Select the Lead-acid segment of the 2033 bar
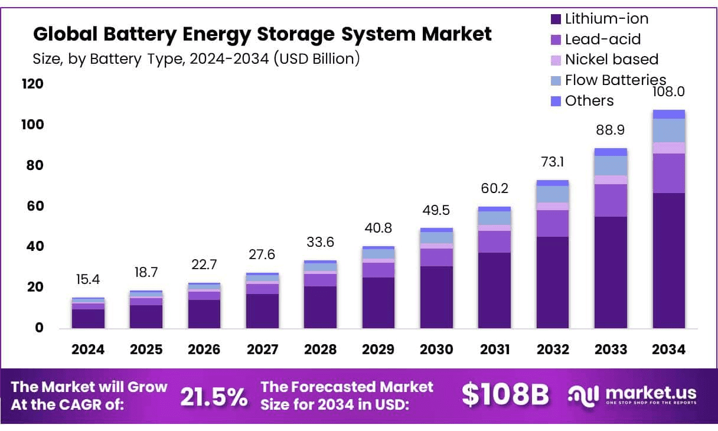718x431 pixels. point(611,200)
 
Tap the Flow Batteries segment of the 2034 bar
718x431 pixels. point(669,130)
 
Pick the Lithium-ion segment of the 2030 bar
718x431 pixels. point(436,297)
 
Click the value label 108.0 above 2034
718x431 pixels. point(669,92)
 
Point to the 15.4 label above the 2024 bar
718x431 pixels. point(88,279)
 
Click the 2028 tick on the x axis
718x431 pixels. point(320,350)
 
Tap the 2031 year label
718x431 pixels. point(494,350)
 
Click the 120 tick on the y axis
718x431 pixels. point(33,84)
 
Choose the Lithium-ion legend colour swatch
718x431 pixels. point(556,19)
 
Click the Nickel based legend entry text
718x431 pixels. point(611,60)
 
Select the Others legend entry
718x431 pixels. point(589,101)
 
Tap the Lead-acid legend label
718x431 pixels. point(602,40)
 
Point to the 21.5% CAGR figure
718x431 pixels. point(214,397)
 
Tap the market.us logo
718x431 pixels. point(632,394)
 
